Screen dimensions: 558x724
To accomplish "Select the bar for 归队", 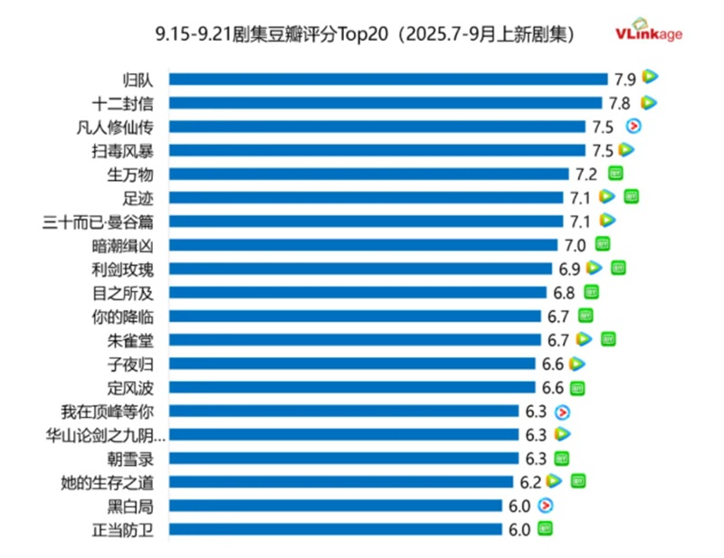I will point(388,79).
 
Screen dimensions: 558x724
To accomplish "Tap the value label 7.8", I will point(619,103).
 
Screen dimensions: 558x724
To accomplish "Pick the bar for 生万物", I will point(369,174).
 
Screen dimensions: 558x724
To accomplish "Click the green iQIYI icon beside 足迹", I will point(631,196).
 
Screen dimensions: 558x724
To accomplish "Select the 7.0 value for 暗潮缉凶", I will point(576,244).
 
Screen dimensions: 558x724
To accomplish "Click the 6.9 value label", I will point(569,269).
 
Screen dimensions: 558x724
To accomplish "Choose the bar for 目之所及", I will point(358,292).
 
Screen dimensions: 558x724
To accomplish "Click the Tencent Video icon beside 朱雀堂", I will point(584,339).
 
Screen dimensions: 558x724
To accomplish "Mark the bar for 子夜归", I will point(353,364).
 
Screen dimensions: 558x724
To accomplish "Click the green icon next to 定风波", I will point(576,388).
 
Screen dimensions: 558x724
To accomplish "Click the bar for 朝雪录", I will point(344,459).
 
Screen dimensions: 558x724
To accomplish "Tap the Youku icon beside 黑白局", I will point(546,506).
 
